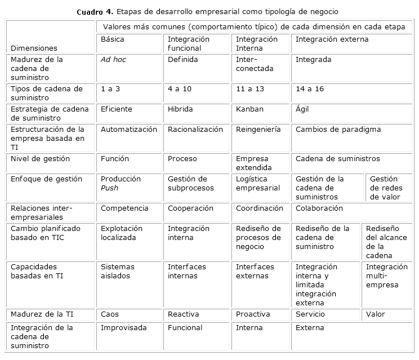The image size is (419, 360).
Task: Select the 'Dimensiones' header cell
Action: [x=34, y=48]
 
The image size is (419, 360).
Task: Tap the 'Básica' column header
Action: [x=113, y=39]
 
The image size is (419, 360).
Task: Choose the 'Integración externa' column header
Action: [x=332, y=39]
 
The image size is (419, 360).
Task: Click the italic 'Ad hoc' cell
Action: [x=113, y=60]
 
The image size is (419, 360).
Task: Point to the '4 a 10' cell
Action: [x=180, y=89]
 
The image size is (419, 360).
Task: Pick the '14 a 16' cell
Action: [x=309, y=89]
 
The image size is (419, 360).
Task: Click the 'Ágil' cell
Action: [x=302, y=109]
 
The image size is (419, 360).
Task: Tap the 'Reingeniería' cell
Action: [x=258, y=130]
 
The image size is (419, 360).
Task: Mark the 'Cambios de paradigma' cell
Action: [x=338, y=130]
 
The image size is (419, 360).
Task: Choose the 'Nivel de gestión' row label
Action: [x=41, y=159]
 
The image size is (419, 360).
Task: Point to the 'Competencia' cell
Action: [x=124, y=208]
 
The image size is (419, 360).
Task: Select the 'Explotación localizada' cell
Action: [x=122, y=233]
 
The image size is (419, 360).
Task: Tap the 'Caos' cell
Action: [x=110, y=314]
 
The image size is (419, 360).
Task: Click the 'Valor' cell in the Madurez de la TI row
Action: [x=376, y=314]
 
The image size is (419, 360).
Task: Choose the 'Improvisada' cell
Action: [x=123, y=328]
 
